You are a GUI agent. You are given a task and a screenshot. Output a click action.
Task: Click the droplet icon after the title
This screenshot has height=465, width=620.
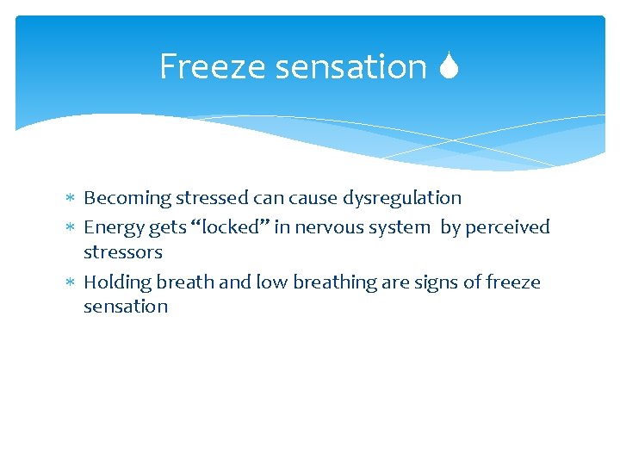pyautogui.click(x=448, y=66)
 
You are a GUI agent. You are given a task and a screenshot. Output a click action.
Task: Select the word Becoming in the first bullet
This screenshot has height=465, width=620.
pyautogui.click(x=127, y=198)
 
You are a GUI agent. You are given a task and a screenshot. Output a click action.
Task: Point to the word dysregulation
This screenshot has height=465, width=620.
pyautogui.click(x=402, y=198)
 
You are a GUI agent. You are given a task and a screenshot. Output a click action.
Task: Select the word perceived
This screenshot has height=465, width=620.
pyautogui.click(x=508, y=227)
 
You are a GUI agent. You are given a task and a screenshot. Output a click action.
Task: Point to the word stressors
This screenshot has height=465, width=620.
pyautogui.click(x=122, y=252)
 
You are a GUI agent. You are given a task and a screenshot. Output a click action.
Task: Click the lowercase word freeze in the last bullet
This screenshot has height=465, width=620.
pyautogui.click(x=512, y=282)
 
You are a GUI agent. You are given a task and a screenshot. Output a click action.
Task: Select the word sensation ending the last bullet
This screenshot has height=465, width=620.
pyautogui.click(x=125, y=307)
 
